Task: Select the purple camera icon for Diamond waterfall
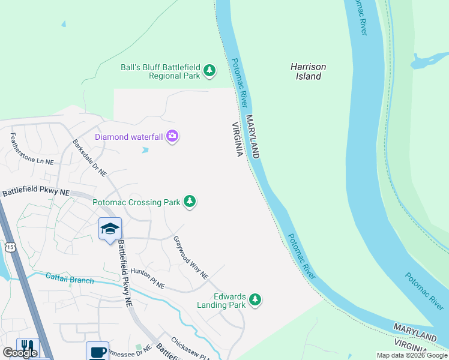(173, 137)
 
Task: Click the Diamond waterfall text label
(129, 137)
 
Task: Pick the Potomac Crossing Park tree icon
(190, 202)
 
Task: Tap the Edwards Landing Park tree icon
(255, 299)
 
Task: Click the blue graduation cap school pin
(110, 229)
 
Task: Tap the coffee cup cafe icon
(97, 351)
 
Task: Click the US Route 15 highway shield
(9, 247)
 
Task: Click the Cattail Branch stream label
(70, 278)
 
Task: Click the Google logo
(20, 353)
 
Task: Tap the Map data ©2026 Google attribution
(412, 355)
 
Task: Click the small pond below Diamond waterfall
(145, 150)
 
